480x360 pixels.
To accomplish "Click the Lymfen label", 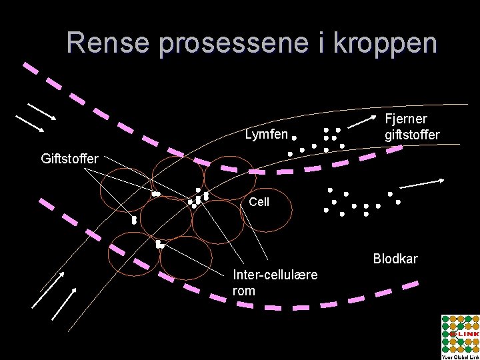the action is click(x=266, y=135).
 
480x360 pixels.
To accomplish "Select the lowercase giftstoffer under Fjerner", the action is click(x=412, y=136).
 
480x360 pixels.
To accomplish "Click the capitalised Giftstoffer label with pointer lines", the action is click(x=70, y=159).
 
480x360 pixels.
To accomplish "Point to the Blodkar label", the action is click(x=395, y=259).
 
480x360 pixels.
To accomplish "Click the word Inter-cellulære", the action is click(x=275, y=275).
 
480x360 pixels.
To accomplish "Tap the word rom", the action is click(x=244, y=291).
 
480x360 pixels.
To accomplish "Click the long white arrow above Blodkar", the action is click(x=422, y=183).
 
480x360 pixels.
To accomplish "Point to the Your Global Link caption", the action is click(x=459, y=357).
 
